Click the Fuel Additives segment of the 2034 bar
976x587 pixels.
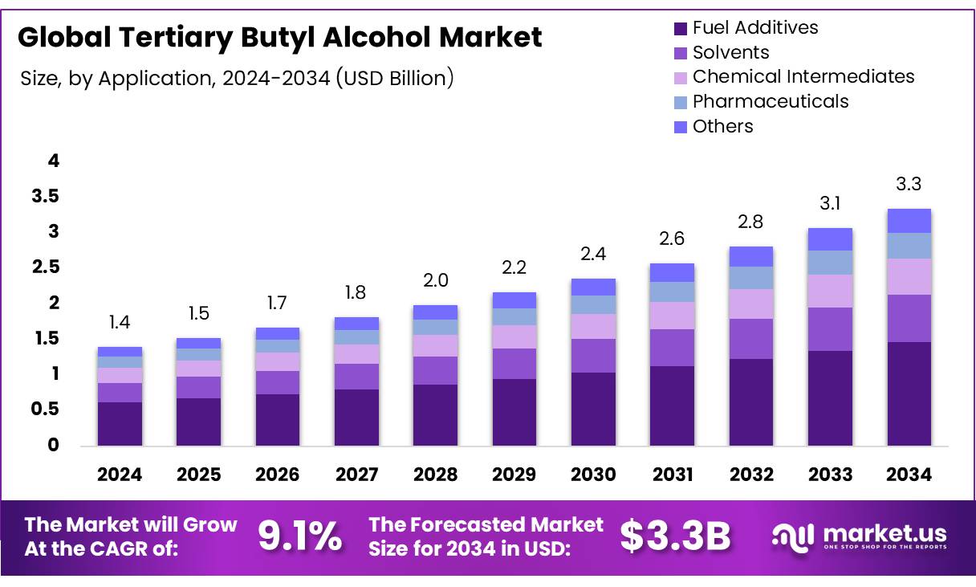[x=909, y=393]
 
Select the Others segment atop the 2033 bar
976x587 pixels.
[x=830, y=239]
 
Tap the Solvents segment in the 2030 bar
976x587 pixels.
[x=593, y=355]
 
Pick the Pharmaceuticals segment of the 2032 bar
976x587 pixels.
[x=751, y=278]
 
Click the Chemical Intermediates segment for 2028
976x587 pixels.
[x=435, y=345]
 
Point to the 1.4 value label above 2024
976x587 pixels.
[x=120, y=323]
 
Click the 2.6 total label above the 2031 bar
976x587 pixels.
[x=672, y=238]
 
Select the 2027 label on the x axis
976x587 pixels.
[x=356, y=475]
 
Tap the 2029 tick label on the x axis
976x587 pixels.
[x=514, y=475]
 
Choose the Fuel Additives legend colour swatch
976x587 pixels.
[x=681, y=29]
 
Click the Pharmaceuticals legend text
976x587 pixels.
[x=771, y=101]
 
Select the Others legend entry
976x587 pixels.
[x=722, y=126]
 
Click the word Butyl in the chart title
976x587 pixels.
[x=273, y=37]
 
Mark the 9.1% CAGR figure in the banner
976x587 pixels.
[x=299, y=536]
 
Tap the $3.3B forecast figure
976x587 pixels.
[x=675, y=536]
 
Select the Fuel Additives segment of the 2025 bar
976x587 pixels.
[x=198, y=422]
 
